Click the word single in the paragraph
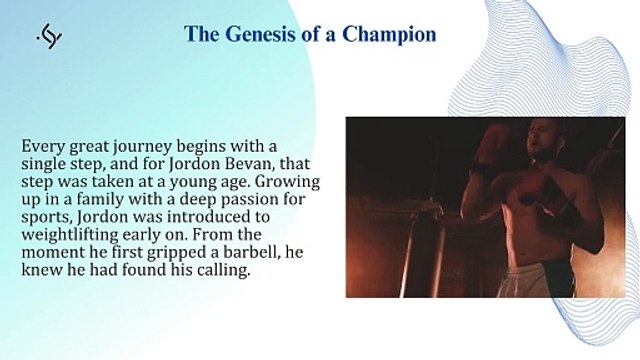[x=46, y=163]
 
